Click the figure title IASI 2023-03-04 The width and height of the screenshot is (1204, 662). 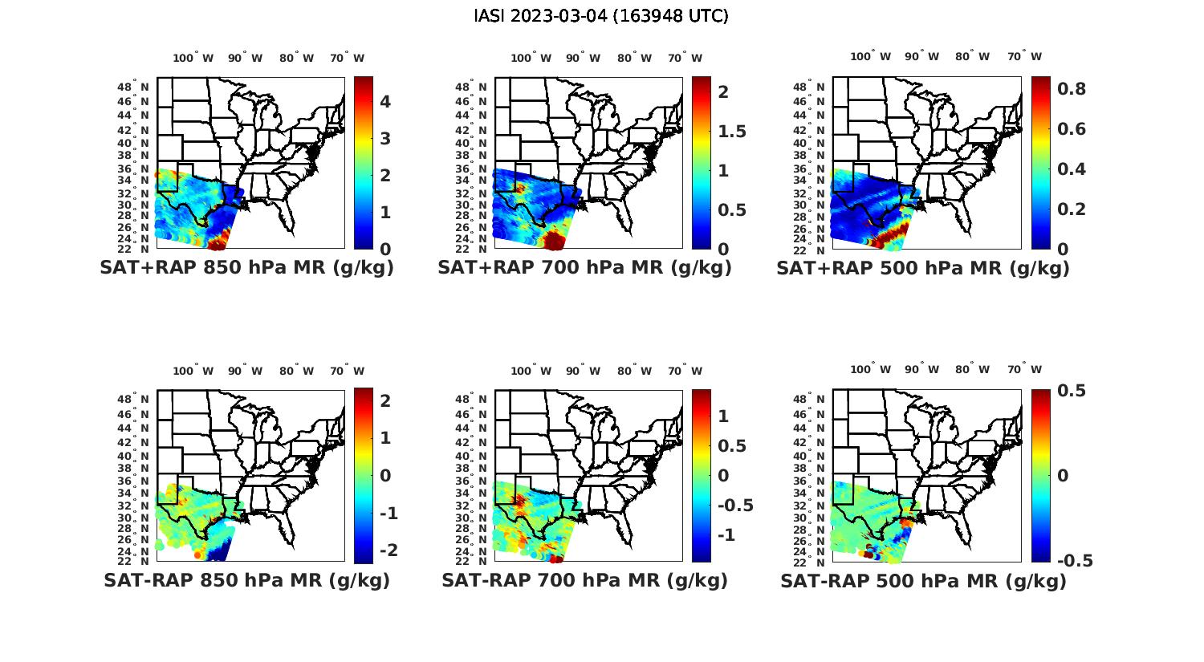(x=601, y=16)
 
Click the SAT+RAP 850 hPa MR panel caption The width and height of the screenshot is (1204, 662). (x=246, y=268)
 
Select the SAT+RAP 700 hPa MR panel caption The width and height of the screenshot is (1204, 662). (x=584, y=268)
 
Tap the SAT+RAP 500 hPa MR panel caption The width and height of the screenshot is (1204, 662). (x=923, y=268)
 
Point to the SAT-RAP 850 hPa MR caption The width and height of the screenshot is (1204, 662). (x=246, y=580)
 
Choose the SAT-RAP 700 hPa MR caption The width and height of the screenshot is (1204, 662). (x=584, y=580)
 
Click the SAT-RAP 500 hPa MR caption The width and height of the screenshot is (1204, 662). (x=923, y=581)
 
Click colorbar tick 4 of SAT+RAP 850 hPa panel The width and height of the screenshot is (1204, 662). (x=385, y=101)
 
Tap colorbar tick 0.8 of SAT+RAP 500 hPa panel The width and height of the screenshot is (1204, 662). (x=1072, y=88)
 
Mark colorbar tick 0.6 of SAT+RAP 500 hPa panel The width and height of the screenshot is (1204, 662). (x=1072, y=129)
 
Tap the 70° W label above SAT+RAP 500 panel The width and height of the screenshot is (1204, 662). (x=1024, y=56)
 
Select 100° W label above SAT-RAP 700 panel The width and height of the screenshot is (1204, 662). (x=531, y=371)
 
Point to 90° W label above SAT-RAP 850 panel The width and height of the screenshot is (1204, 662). (x=245, y=371)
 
